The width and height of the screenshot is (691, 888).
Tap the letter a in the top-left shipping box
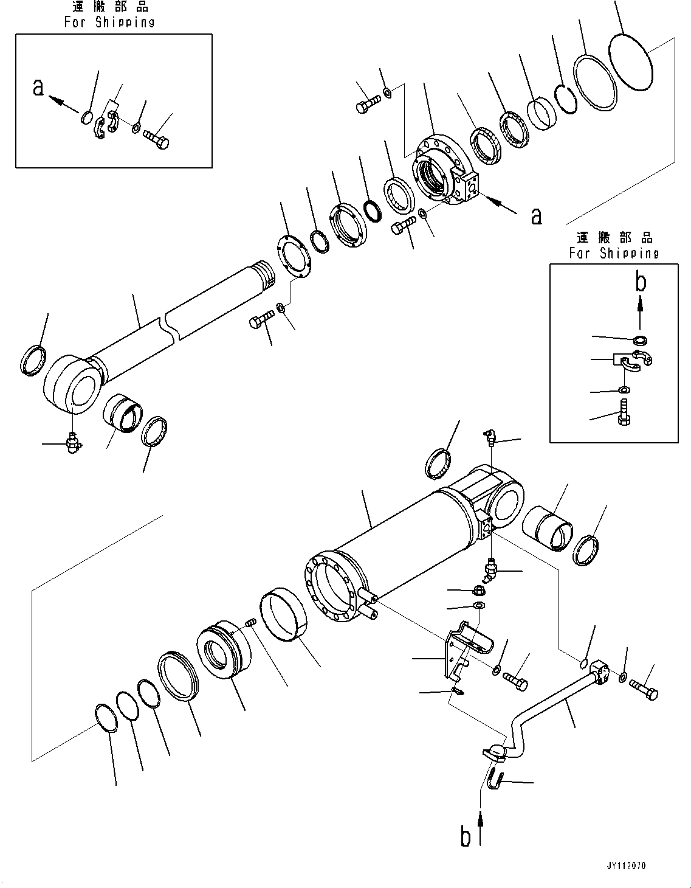[38, 88]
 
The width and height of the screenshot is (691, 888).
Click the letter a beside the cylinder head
[536, 215]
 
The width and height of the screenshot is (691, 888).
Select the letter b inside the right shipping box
[640, 282]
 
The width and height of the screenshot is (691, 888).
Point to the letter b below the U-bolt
[466, 837]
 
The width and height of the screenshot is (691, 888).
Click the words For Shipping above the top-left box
[109, 22]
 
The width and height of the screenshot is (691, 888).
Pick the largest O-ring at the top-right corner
[630, 63]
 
